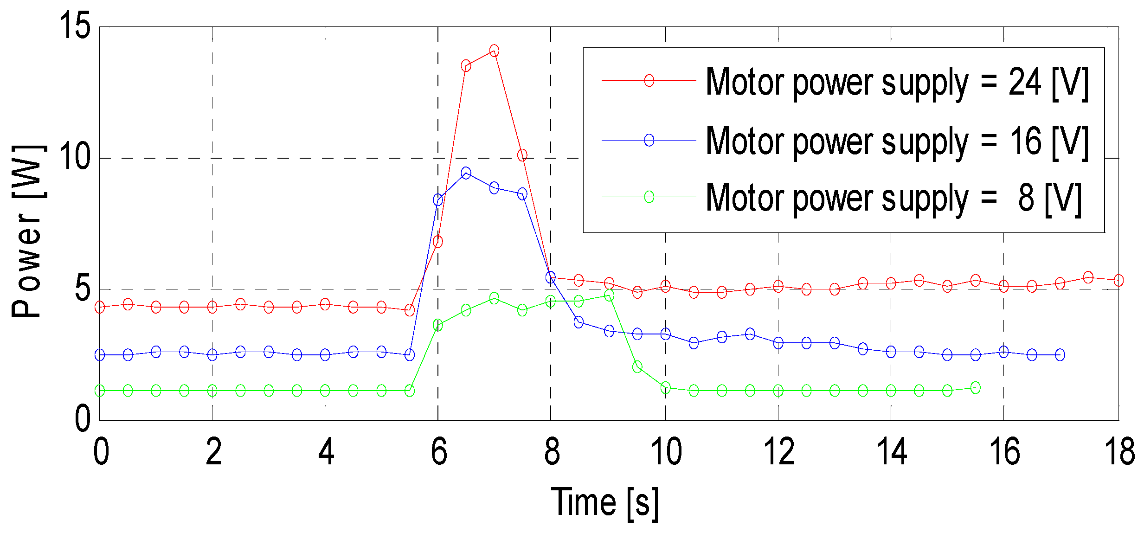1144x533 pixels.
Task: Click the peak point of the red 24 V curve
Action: pos(494,51)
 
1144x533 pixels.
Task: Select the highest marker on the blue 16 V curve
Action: pos(466,173)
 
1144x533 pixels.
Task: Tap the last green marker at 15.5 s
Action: pos(975,388)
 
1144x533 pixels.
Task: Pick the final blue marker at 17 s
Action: pos(1060,355)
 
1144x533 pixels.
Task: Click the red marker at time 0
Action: pos(100,307)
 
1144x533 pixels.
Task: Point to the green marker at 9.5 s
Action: pos(637,367)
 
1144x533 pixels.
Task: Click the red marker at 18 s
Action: pos(1118,280)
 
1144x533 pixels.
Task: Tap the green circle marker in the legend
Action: pos(649,197)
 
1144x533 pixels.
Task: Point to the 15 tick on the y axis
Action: pos(74,26)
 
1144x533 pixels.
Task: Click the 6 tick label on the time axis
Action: pos(438,451)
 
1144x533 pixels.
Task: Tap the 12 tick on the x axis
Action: pos(779,451)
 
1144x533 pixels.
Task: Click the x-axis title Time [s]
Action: pos(604,503)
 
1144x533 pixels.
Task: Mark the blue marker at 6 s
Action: pos(437,200)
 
